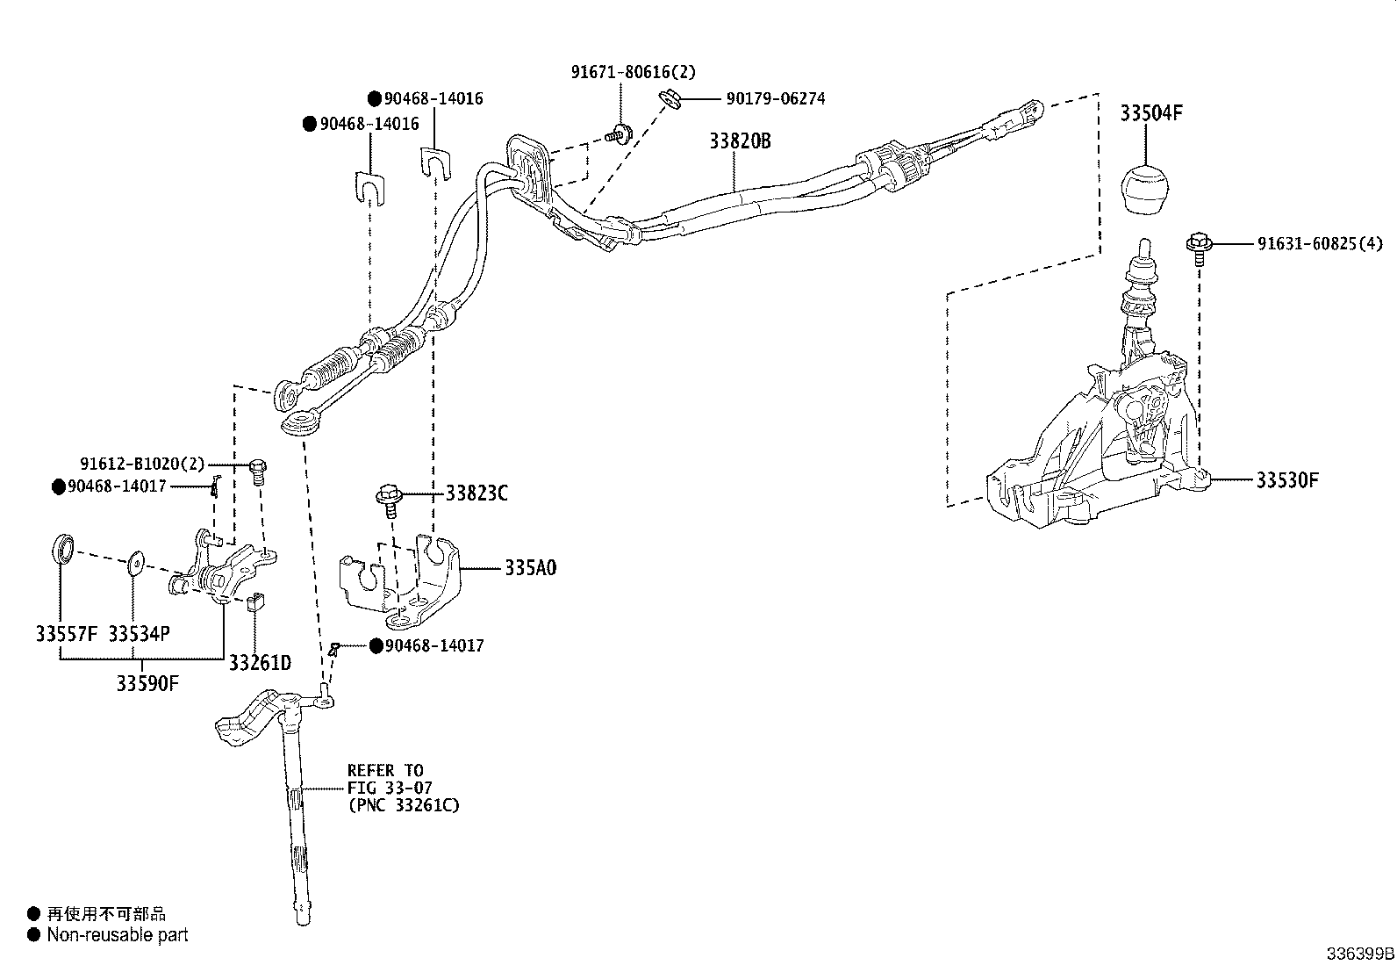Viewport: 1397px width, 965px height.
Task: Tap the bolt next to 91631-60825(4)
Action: point(1198,245)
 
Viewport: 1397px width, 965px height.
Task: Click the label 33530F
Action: point(1287,480)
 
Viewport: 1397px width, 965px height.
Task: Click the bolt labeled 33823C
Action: point(389,497)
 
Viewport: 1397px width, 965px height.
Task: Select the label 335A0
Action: point(530,568)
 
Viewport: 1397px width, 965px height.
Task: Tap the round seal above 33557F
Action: point(62,550)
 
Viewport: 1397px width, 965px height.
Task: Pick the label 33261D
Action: point(260,662)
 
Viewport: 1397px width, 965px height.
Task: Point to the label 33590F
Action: point(147,682)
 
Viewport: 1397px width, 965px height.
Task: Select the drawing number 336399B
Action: point(1359,954)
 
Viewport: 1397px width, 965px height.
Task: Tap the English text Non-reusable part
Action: point(118,935)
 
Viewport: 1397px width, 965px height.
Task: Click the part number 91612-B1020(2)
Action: point(141,464)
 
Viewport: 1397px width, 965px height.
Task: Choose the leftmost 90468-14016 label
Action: point(369,125)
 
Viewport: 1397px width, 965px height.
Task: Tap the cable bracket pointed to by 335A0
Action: point(399,580)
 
